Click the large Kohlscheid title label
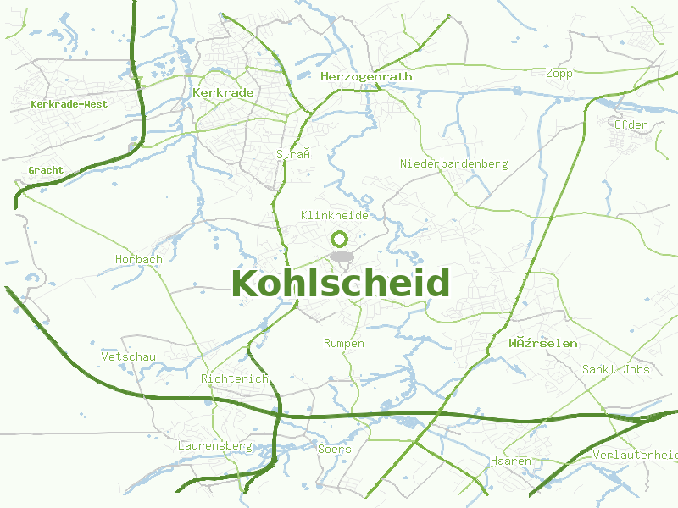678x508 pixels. click(340, 284)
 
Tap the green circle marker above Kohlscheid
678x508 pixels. click(340, 239)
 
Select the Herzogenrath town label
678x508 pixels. click(366, 76)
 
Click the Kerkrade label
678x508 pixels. click(223, 91)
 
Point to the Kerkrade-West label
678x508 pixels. click(69, 104)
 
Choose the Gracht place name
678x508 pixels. click(46, 170)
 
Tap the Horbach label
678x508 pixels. click(138, 259)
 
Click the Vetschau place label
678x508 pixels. click(128, 357)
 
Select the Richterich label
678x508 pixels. click(235, 378)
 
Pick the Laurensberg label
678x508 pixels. click(215, 445)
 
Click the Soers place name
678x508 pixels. click(334, 449)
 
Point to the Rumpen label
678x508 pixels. click(344, 343)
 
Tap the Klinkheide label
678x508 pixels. click(335, 215)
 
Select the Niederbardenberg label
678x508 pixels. click(453, 163)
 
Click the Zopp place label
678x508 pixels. click(559, 73)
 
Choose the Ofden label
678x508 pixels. click(631, 124)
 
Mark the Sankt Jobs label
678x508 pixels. click(615, 369)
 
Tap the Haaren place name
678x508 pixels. click(510, 461)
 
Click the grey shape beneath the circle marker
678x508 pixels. click(341, 257)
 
